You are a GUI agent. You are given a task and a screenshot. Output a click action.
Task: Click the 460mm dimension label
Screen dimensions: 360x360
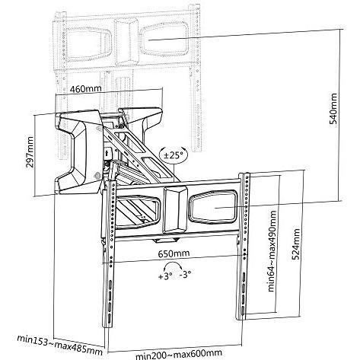[86, 89]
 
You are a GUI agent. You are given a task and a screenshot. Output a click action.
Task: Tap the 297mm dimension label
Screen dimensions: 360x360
[30, 152]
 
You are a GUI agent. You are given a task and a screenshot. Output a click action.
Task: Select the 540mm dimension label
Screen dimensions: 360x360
[333, 109]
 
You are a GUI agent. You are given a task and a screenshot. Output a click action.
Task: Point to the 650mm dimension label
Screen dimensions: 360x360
[174, 253]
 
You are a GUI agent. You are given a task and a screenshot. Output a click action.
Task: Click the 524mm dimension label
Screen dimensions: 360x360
[295, 244]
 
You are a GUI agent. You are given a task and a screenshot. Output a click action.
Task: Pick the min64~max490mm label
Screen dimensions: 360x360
[272, 251]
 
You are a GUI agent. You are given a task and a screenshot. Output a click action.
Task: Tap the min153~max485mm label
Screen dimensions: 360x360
[60, 345]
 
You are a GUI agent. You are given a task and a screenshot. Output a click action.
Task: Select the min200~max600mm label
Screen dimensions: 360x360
[179, 354]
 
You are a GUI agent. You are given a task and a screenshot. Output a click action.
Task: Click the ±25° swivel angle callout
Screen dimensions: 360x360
[174, 155]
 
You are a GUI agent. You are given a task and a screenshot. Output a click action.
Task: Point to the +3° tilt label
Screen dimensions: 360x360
[165, 276]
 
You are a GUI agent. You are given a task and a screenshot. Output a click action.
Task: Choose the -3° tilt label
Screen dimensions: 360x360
[185, 274]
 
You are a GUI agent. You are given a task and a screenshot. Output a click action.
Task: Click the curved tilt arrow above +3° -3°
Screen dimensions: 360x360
[174, 266]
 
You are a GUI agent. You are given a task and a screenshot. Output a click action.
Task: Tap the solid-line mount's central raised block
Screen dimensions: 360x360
[175, 210]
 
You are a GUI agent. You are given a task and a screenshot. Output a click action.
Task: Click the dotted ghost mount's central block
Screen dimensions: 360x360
[126, 42]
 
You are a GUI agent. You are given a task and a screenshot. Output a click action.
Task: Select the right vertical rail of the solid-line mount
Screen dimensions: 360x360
[243, 246]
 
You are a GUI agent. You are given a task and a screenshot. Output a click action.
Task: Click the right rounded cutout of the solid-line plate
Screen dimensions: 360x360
[213, 207]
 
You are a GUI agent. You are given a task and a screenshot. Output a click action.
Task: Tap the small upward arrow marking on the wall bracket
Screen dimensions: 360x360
[107, 153]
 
